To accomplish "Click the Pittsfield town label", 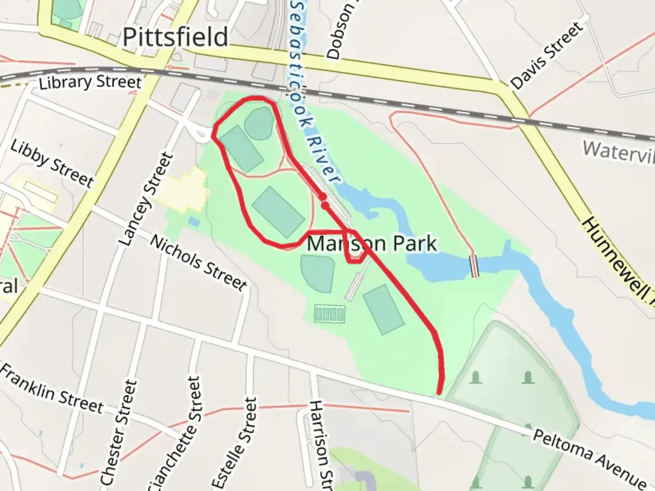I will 175,37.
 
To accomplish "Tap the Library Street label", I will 90,82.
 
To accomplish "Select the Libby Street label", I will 52,164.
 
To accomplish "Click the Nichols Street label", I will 198,263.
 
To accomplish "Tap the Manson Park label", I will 372,243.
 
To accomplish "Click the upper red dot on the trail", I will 322,197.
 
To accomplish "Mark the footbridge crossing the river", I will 474,266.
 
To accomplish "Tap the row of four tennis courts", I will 329,314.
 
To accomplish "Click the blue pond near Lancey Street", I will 194,222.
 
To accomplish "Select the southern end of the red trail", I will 439,392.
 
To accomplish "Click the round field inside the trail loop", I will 260,123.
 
